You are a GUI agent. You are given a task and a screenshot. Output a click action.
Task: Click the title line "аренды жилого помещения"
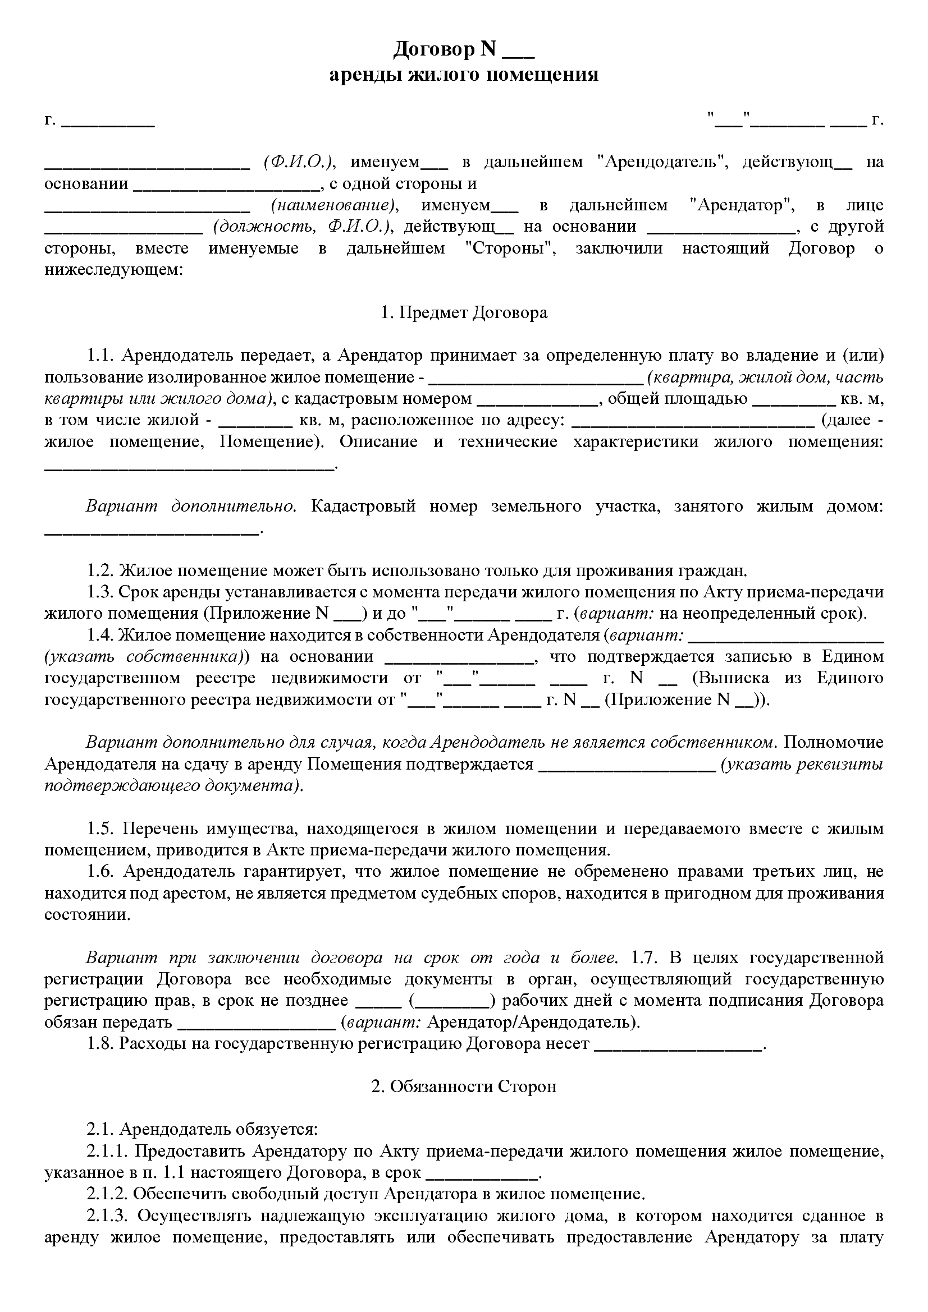coord(464,75)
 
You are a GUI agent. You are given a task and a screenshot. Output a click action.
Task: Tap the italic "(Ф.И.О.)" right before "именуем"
coord(299,162)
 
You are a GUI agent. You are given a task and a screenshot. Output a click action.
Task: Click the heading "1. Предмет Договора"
coord(464,312)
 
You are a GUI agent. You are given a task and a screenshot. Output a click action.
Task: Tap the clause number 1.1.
coord(102,356)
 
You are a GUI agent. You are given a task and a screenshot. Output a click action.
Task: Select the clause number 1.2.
coord(102,571)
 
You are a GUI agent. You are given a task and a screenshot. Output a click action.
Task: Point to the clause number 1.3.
coord(102,592)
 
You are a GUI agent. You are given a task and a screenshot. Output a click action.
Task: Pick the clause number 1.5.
coord(102,828)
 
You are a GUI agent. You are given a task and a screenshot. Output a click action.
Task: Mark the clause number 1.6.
coord(102,872)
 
